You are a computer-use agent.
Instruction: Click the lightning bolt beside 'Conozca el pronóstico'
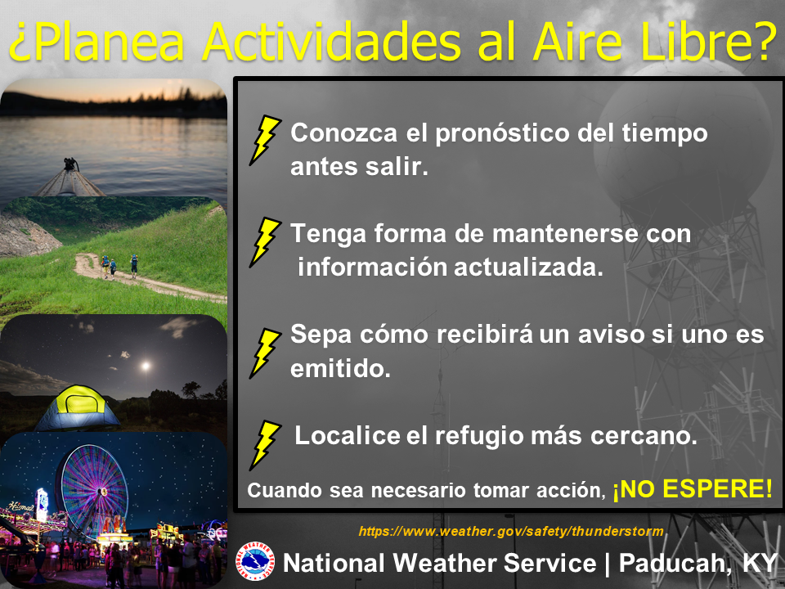coord(265,140)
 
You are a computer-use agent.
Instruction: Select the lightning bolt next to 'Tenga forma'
coord(265,242)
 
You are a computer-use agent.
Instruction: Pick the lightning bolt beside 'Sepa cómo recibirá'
coord(265,353)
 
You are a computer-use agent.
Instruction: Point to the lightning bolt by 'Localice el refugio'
coord(265,445)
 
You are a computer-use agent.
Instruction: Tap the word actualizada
coord(528,267)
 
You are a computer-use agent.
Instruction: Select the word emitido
coord(340,369)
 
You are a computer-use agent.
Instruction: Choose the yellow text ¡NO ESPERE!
coord(693,489)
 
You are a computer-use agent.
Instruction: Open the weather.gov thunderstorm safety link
coord(511,532)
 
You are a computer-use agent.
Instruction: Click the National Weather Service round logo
coord(255,561)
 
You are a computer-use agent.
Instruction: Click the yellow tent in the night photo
coord(77,407)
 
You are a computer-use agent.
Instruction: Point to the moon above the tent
coord(146,366)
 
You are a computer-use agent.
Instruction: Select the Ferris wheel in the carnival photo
coord(93,491)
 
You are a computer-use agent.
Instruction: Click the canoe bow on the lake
coord(70,179)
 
